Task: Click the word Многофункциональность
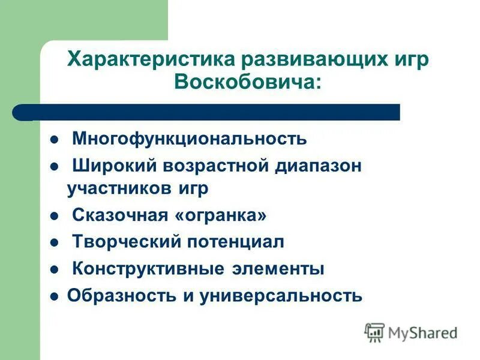point(189,139)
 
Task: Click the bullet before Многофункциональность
point(54,140)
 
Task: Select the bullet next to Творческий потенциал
point(54,242)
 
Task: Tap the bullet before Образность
point(54,296)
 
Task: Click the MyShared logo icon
point(374,332)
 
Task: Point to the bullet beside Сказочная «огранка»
point(54,215)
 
